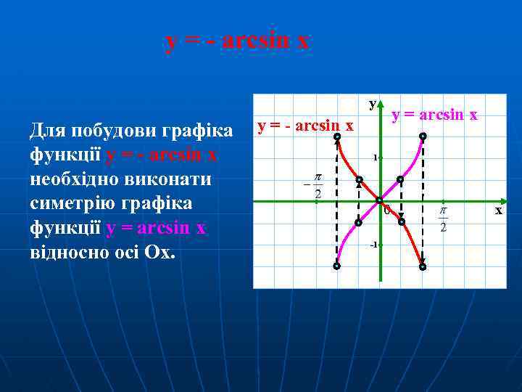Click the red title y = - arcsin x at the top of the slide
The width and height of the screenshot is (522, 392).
click(238, 41)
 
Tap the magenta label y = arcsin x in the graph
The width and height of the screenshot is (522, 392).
click(434, 114)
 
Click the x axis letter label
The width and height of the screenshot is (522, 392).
click(498, 210)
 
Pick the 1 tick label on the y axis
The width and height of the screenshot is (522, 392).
click(374, 158)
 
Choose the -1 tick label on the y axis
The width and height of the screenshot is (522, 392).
click(373, 244)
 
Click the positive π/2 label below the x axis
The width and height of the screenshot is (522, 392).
click(443, 219)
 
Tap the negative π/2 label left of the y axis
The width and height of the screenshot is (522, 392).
click(314, 186)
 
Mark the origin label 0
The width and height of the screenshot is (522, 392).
click(386, 211)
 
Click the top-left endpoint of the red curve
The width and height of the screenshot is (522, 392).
click(337, 136)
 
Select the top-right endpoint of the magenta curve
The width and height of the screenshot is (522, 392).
click(423, 136)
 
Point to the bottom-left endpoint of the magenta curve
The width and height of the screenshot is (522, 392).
click(337, 266)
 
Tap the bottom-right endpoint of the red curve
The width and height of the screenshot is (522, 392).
click(423, 266)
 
